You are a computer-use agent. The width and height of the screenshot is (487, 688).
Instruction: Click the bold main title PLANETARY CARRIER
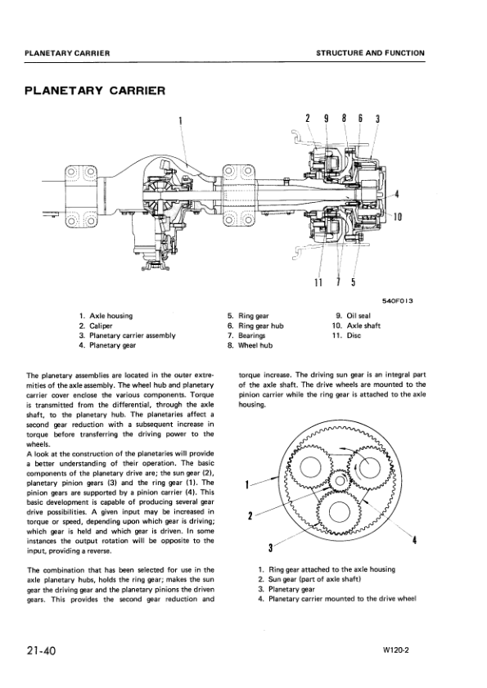pyautogui.click(x=96, y=90)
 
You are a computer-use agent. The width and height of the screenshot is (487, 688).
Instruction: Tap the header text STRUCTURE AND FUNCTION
pyautogui.click(x=370, y=53)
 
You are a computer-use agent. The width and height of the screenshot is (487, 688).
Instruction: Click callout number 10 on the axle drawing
pyautogui.click(x=397, y=217)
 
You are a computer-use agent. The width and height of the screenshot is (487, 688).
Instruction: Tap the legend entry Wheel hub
pyautogui.click(x=247, y=345)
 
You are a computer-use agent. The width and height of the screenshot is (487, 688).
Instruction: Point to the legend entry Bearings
pyautogui.click(x=246, y=335)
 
